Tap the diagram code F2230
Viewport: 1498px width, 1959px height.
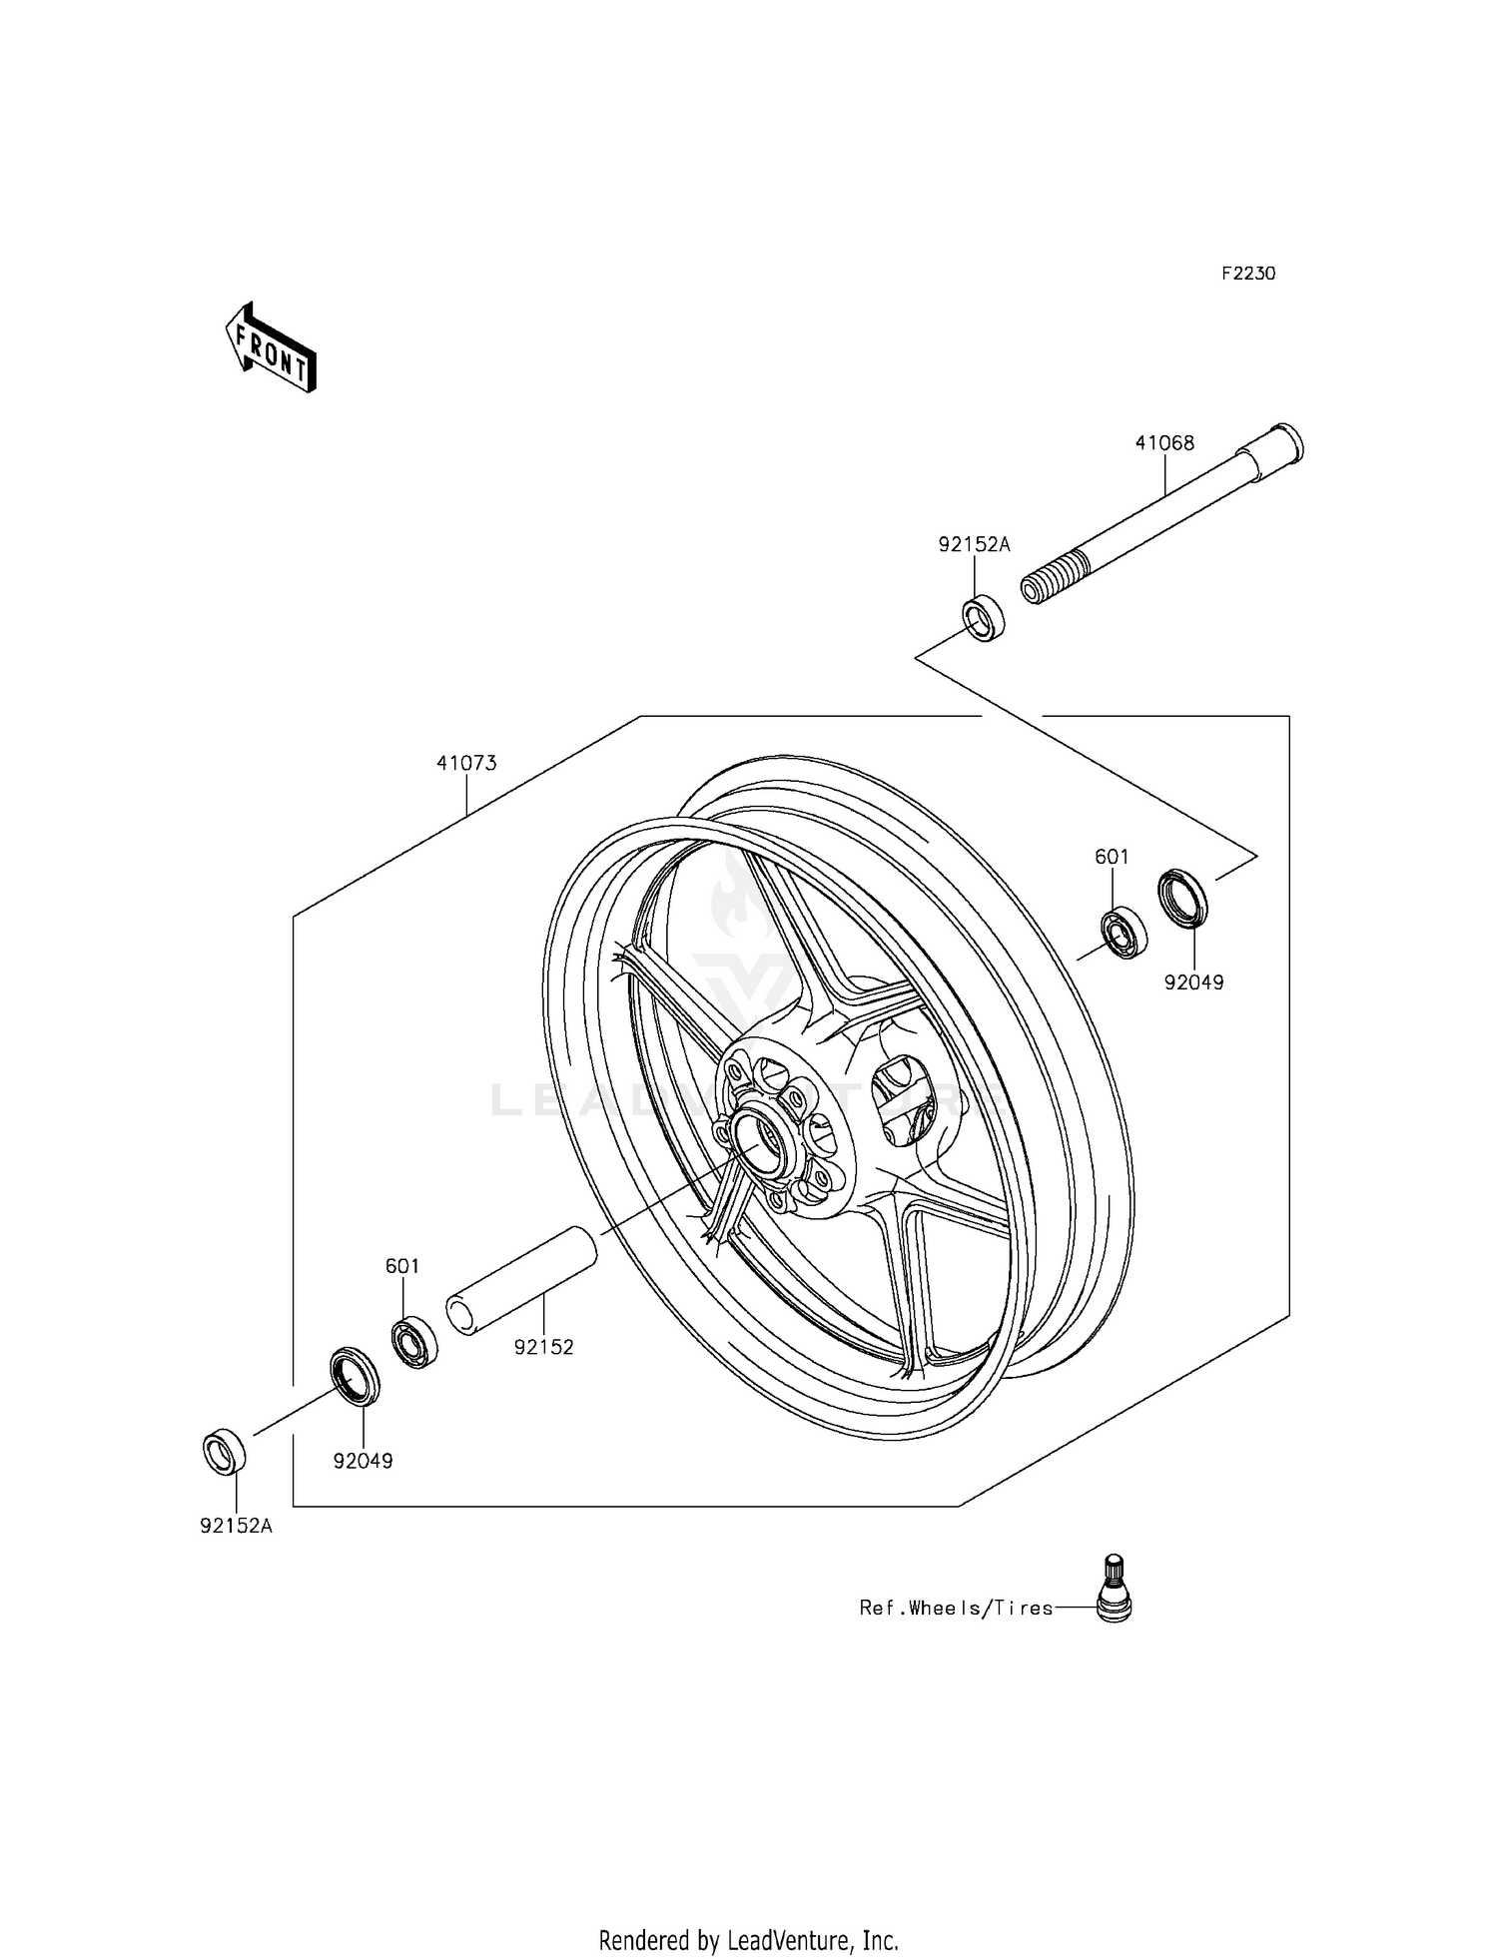(x=1248, y=274)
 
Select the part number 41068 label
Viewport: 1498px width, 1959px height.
(x=1164, y=442)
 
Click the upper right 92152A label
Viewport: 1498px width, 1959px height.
(x=974, y=544)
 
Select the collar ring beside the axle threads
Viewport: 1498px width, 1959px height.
(x=984, y=618)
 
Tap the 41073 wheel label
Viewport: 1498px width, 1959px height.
(x=466, y=763)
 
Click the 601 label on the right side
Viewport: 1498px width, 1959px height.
(x=1112, y=857)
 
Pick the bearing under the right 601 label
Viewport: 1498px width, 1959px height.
(x=1123, y=933)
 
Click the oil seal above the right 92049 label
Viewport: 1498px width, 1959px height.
(x=1182, y=898)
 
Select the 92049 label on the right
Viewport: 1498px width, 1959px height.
(x=1193, y=982)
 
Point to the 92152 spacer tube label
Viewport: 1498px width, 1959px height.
(x=544, y=1347)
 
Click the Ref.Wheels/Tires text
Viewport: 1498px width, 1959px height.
(x=956, y=1609)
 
